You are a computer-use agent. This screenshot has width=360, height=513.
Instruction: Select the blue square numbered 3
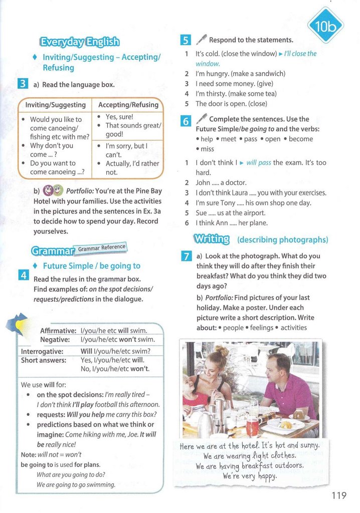[x=23, y=84]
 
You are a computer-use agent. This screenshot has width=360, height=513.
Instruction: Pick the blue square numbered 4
[x=23, y=275]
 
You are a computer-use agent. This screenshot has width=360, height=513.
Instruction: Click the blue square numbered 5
[x=185, y=40]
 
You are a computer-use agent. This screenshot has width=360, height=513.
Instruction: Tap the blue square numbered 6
[x=185, y=121]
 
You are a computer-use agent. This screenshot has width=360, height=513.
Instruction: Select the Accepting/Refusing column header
[x=128, y=105]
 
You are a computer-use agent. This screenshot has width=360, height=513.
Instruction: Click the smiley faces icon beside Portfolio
[x=53, y=191]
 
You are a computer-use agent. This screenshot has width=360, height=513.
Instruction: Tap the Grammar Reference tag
[x=102, y=247]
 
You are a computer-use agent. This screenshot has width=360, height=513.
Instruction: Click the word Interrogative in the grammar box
[x=42, y=351]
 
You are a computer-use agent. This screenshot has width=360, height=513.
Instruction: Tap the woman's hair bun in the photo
[x=223, y=351]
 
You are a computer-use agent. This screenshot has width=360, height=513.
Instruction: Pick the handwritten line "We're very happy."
[x=250, y=476]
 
